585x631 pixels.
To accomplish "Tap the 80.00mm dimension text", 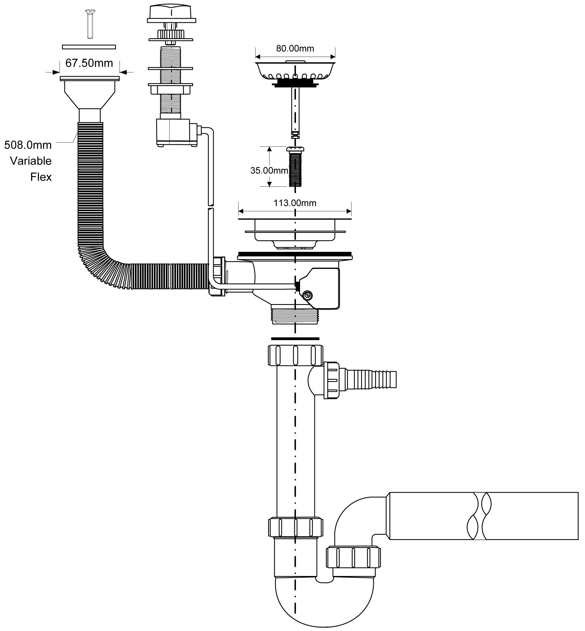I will tap(295, 48).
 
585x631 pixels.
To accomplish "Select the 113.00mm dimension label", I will tap(295, 203).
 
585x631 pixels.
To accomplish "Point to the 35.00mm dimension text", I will tap(269, 170).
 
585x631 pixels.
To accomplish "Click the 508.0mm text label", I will tap(28, 145).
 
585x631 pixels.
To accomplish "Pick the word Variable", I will tap(31, 161).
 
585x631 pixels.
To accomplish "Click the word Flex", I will tap(41, 177).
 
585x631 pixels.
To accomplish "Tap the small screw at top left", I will tap(90, 24).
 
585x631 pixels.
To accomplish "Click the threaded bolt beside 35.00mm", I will tap(295, 168).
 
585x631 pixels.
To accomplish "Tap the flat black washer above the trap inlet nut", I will tap(295, 339).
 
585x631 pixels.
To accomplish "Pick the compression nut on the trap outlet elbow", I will tap(353, 557).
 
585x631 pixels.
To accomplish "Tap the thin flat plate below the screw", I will tap(89, 47).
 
